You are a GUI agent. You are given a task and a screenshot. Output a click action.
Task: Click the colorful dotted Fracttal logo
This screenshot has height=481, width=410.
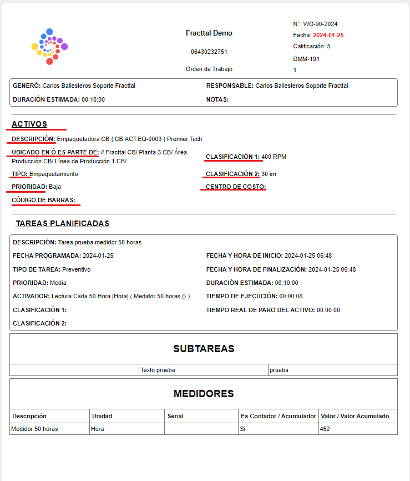[49, 47]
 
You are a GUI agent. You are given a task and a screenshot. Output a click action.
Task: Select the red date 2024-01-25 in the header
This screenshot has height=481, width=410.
[328, 35]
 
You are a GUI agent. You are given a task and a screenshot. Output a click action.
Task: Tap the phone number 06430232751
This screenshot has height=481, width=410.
[209, 52]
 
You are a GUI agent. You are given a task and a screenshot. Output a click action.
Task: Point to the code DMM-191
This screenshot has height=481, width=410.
[306, 59]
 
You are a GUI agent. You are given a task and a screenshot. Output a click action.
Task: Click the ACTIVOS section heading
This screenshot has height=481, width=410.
[29, 124]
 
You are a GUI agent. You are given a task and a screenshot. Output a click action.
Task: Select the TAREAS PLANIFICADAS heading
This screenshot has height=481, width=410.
[62, 223]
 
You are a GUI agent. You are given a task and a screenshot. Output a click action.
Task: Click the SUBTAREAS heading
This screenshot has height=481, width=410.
[204, 349]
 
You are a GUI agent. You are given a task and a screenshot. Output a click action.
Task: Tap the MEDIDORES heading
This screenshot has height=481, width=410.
[204, 394]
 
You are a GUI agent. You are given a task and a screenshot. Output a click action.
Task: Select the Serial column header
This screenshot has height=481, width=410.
[175, 416]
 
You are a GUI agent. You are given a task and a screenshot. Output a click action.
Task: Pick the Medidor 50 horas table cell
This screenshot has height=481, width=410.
[35, 429]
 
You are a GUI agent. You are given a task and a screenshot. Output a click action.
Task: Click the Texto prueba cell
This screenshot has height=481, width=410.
[158, 370]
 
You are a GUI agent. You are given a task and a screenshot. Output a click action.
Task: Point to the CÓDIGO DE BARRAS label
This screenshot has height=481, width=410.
[44, 200]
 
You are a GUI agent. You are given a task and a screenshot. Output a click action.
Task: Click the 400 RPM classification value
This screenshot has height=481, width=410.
[274, 157]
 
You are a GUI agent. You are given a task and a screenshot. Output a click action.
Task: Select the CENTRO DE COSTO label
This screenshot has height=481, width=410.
[236, 187]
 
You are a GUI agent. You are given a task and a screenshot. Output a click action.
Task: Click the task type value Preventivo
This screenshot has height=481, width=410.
[77, 269]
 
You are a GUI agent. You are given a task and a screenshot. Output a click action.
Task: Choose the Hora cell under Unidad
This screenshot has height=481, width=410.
[98, 429]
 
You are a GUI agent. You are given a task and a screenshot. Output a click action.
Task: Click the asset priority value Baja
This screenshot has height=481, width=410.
[55, 187]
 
